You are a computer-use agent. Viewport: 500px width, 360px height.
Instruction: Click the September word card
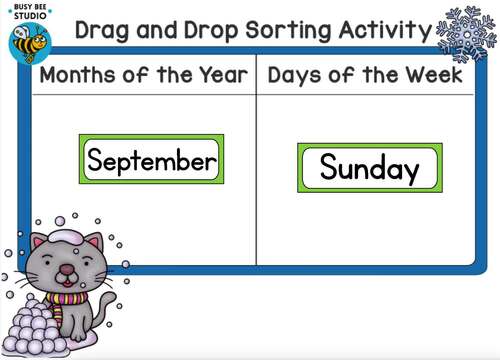pyautogui.click(x=151, y=160)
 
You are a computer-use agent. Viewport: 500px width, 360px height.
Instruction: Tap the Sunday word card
pyautogui.click(x=369, y=167)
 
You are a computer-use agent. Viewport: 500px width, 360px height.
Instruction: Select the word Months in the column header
pyautogui.click(x=78, y=76)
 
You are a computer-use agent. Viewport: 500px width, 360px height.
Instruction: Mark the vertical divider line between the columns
pyautogui.click(x=256, y=180)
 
